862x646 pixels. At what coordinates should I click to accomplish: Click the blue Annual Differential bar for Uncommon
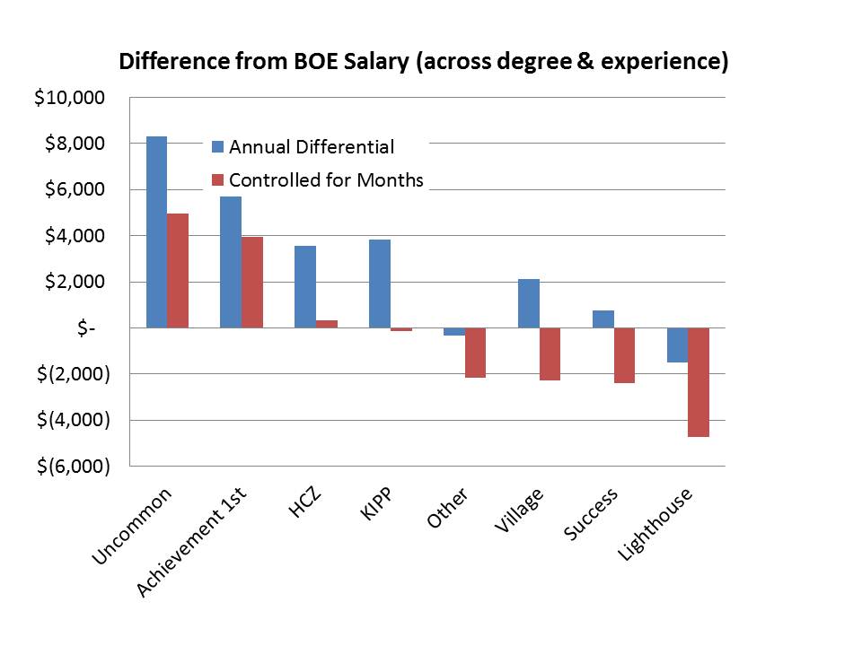pos(156,232)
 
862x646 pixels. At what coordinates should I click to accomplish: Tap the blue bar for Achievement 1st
pos(231,262)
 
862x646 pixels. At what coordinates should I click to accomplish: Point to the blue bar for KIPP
pos(380,284)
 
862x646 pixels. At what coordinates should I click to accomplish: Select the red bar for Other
pos(475,353)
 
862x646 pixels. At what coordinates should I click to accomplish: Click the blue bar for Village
pos(529,303)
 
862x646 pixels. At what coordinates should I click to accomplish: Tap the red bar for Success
pos(624,355)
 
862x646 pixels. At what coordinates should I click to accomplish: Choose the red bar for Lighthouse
pos(699,382)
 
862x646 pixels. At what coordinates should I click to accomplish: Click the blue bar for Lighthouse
pos(677,345)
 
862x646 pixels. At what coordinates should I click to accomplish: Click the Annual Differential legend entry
pos(311,147)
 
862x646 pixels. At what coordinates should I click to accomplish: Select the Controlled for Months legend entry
pos(325,180)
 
